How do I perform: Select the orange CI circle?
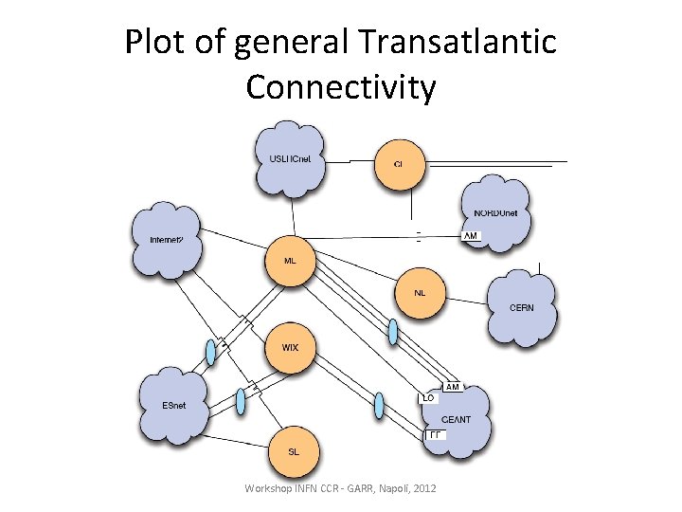click(x=398, y=164)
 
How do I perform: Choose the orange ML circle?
click(x=291, y=259)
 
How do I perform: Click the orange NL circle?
click(x=420, y=293)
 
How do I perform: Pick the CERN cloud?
click(x=521, y=306)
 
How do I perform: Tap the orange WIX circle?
click(x=290, y=347)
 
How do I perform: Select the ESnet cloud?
click(x=174, y=405)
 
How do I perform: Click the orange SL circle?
click(x=293, y=451)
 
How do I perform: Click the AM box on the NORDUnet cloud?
click(x=471, y=235)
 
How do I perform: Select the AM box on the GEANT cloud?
click(x=452, y=387)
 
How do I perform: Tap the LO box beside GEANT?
click(x=428, y=398)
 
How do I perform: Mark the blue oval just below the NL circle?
click(x=393, y=331)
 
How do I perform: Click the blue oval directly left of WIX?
click(x=210, y=352)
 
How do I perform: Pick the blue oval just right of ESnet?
click(x=241, y=401)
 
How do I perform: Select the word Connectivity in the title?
click(x=341, y=87)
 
